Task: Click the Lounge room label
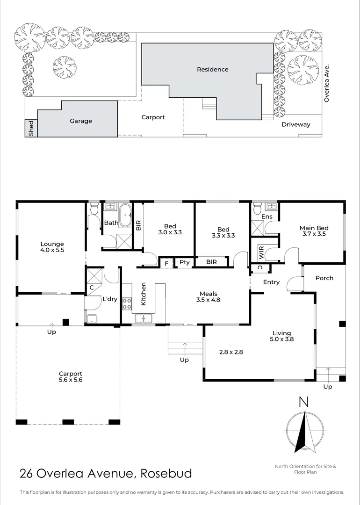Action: tap(52, 244)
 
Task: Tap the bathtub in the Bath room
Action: tap(125, 216)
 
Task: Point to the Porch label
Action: tap(324, 278)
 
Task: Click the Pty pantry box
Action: tap(184, 262)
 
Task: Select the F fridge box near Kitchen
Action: tap(166, 263)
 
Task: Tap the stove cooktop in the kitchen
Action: tap(127, 304)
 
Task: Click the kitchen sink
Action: tap(145, 319)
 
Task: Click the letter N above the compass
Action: tap(304, 402)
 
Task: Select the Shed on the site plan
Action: tap(31, 128)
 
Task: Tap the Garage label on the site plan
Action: tap(81, 121)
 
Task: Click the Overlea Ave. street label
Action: tap(327, 83)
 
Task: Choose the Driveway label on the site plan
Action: tap(295, 125)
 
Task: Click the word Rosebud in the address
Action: tap(166, 473)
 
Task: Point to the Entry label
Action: tap(271, 282)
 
